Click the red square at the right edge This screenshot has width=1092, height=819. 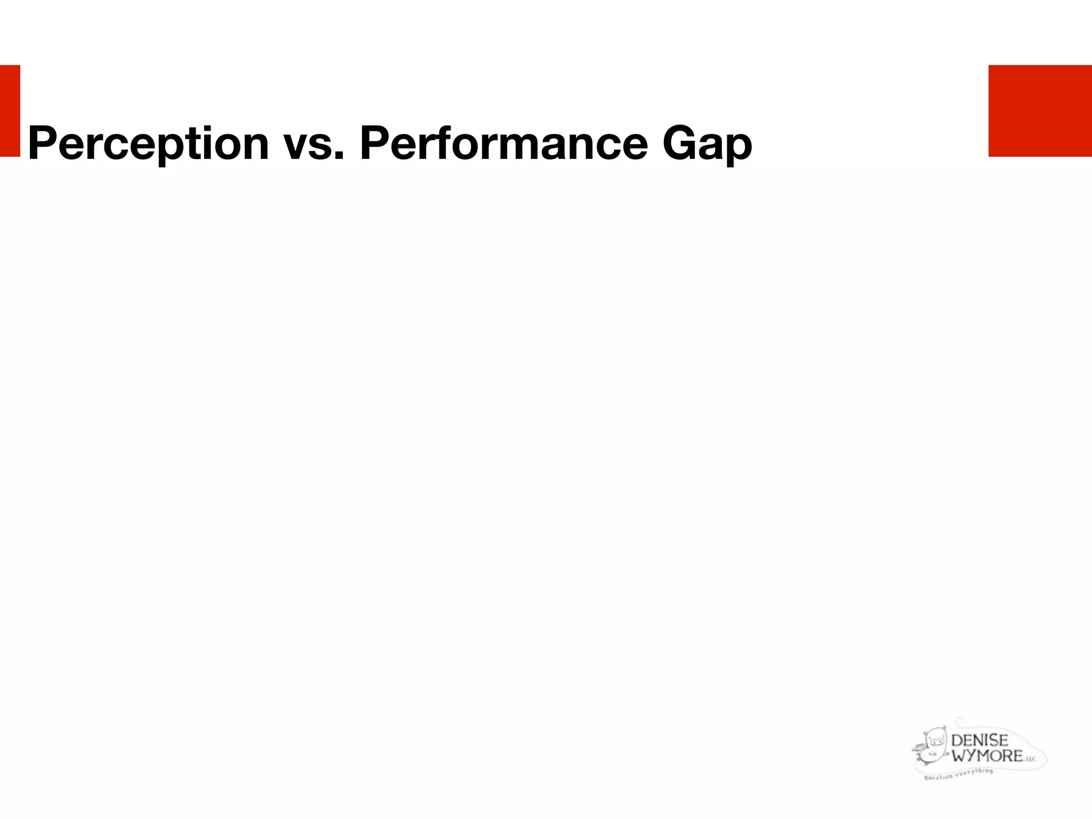(1040, 111)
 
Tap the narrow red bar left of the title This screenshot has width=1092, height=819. (10, 111)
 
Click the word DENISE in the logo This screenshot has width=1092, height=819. (979, 740)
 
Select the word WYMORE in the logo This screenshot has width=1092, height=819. (987, 755)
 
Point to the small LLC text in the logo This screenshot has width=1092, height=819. (1030, 759)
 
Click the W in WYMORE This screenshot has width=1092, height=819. (959, 755)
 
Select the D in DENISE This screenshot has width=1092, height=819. (957, 740)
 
